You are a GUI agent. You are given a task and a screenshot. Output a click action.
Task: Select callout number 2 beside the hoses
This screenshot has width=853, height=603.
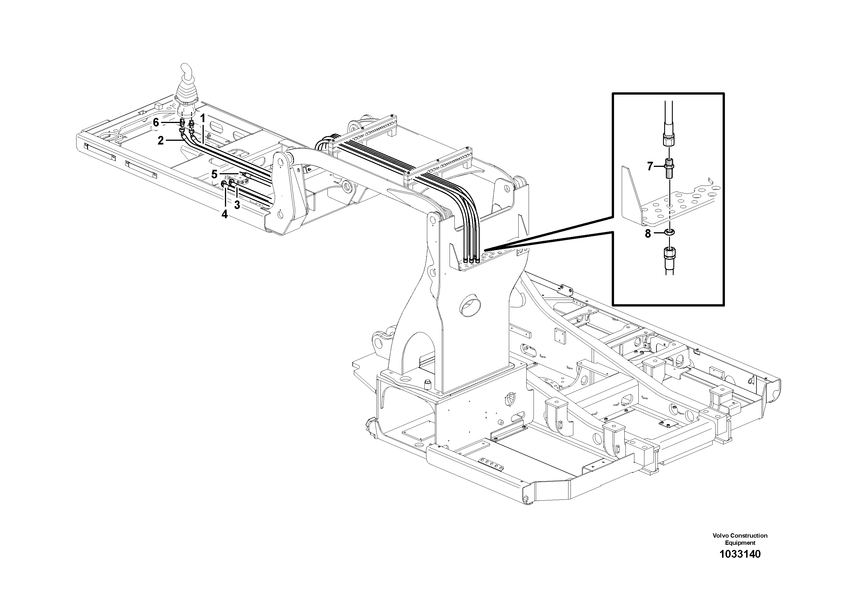pyautogui.click(x=160, y=140)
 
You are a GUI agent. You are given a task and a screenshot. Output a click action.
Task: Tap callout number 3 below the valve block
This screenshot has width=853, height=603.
pyautogui.click(x=237, y=204)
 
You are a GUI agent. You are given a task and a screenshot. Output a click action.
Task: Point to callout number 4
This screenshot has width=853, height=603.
pyautogui.click(x=224, y=214)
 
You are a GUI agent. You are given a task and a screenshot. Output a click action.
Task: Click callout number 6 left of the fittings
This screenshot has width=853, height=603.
pyautogui.click(x=156, y=122)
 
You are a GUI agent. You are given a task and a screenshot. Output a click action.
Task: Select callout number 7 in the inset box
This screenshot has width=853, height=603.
pyautogui.click(x=650, y=167)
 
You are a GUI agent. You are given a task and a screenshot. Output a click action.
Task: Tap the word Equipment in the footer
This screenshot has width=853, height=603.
pyautogui.click(x=740, y=543)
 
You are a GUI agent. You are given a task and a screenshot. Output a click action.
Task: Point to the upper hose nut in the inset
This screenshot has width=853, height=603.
pyautogui.click(x=668, y=140)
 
